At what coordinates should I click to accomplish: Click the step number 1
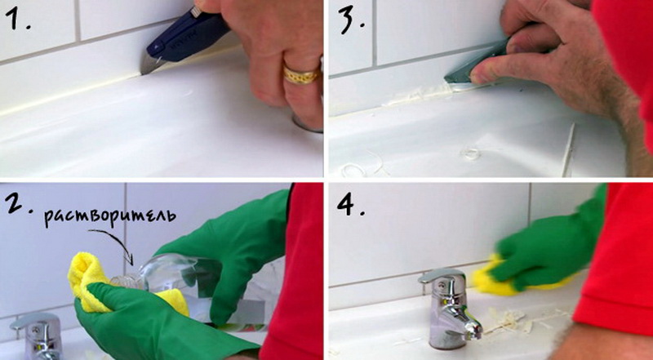16,20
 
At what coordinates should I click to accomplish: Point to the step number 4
350,204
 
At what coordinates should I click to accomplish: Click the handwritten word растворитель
110,217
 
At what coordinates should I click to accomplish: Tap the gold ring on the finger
301,75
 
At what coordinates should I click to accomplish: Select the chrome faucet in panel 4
449,309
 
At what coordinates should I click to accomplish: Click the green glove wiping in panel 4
545,246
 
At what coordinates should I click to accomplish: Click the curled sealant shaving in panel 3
471,153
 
